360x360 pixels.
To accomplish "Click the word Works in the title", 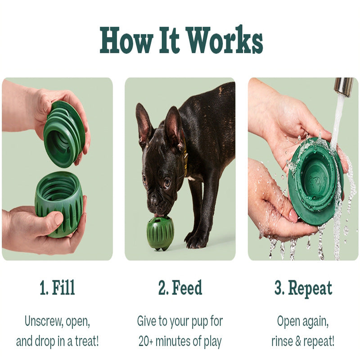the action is (225, 40).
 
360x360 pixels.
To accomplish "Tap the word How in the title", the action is (126, 40).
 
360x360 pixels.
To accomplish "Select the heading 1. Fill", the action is (58, 288).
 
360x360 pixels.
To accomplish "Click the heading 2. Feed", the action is (180, 288).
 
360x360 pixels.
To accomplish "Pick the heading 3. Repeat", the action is (303, 288).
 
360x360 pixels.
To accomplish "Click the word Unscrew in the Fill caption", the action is (44, 321).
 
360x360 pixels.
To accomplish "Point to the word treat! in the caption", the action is (87, 341).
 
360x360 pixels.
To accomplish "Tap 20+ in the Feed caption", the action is (145, 341).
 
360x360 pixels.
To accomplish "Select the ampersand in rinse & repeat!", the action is (298, 342).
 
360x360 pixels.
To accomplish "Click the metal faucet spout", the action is (343, 87).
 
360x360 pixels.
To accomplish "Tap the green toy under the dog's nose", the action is (161, 233).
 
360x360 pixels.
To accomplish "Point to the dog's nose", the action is (154, 201).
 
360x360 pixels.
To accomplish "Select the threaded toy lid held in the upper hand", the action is (64, 134).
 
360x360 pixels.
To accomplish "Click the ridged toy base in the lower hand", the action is (59, 204).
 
